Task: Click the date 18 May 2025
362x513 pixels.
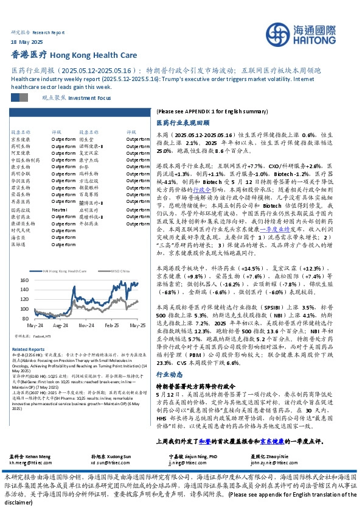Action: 27,42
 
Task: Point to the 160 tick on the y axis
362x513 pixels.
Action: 24,280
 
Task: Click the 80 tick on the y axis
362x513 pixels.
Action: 26,318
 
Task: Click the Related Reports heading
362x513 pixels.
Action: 28,348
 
